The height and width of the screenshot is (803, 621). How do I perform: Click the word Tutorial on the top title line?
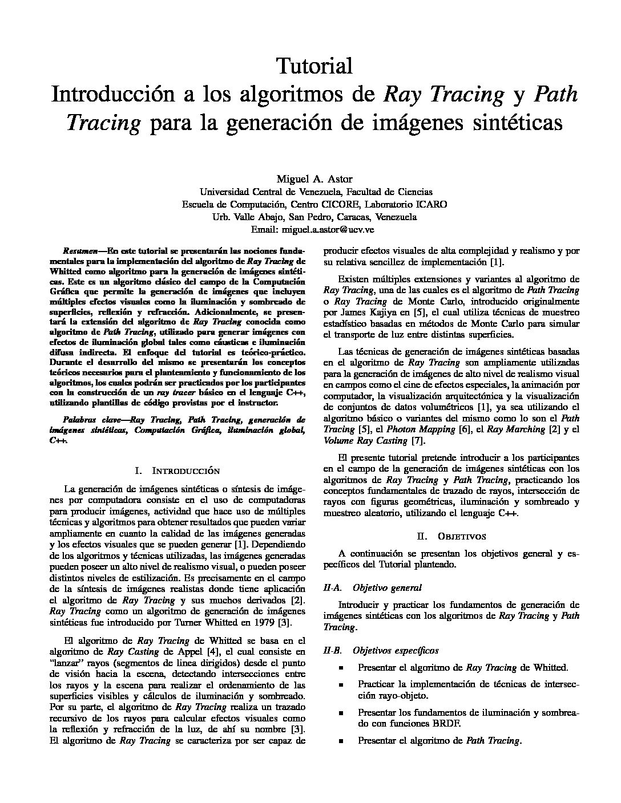coord(314,66)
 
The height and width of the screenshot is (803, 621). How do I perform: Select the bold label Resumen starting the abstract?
coord(80,251)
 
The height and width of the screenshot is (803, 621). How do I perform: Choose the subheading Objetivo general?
coord(388,587)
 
